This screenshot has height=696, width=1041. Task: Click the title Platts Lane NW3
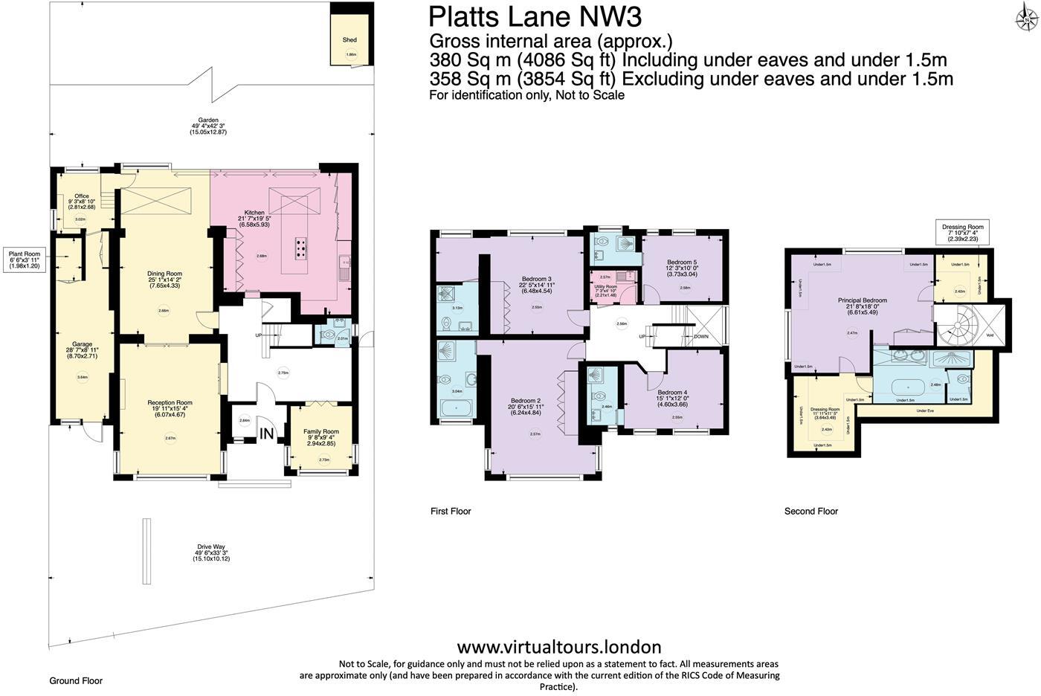click(x=535, y=16)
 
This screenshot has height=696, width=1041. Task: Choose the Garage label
click(x=82, y=345)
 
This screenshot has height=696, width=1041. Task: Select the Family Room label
click(x=321, y=432)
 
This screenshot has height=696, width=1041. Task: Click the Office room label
click(x=82, y=196)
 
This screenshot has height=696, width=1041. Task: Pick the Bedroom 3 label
click(x=535, y=280)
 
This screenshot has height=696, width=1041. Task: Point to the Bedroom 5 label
click(x=682, y=262)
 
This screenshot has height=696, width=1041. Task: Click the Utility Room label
click(x=606, y=287)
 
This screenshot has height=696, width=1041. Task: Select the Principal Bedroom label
click(x=863, y=300)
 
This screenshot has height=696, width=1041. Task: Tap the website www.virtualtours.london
click(x=558, y=646)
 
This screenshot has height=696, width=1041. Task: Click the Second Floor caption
click(x=810, y=512)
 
